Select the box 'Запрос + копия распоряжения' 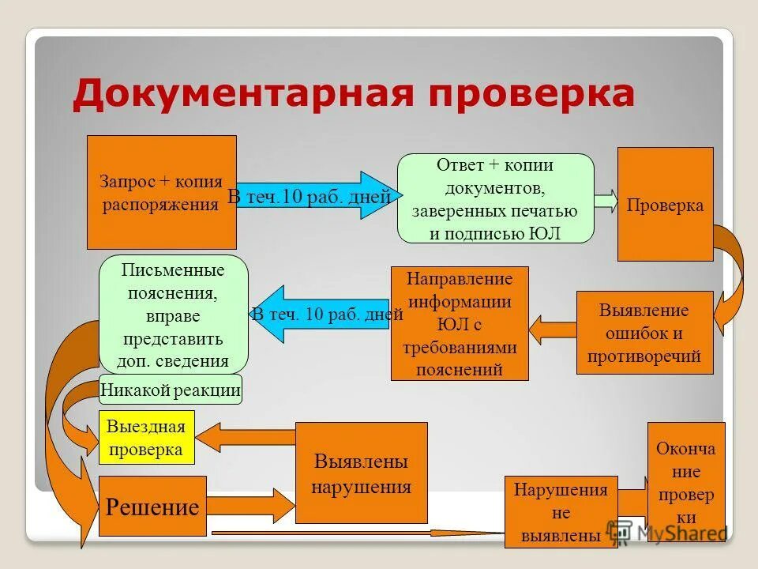(x=161, y=192)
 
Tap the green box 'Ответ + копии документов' (x=495, y=198)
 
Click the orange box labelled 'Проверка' (x=665, y=204)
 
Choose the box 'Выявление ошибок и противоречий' (x=644, y=333)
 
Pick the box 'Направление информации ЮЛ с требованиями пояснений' (x=460, y=324)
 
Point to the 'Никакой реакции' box (x=171, y=389)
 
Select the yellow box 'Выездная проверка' (x=146, y=438)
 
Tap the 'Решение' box (x=152, y=507)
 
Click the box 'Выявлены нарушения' (x=361, y=473)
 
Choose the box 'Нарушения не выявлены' (x=561, y=512)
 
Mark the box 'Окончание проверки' (x=685, y=482)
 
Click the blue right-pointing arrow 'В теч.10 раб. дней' (x=316, y=196)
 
